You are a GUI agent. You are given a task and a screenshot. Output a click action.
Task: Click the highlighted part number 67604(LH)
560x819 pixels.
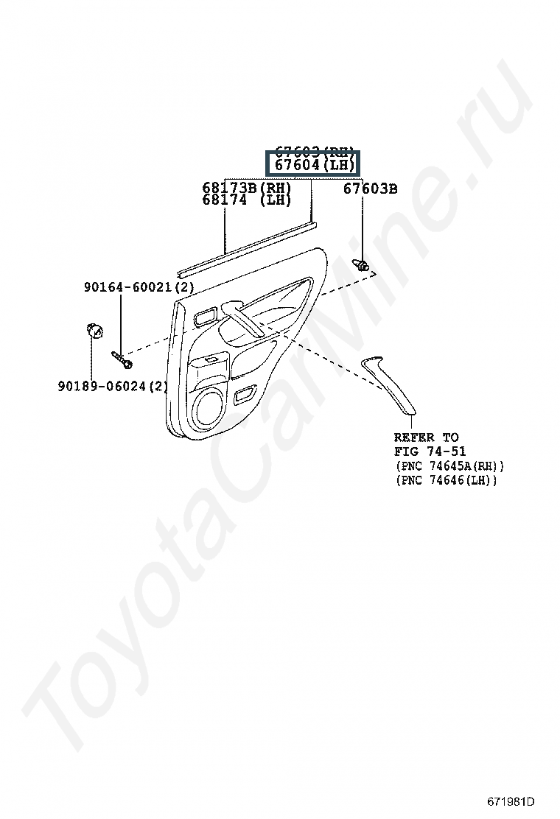click(x=312, y=165)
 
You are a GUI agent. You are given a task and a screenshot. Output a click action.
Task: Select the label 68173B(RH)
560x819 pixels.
click(x=247, y=188)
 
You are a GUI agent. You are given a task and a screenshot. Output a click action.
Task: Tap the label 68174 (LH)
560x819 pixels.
click(x=247, y=200)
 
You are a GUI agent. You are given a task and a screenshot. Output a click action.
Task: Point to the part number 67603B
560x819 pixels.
click(x=370, y=189)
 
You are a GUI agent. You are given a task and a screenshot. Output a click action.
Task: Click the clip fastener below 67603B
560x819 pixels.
click(x=362, y=264)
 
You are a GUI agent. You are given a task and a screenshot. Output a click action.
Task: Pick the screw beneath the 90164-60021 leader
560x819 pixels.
click(x=122, y=359)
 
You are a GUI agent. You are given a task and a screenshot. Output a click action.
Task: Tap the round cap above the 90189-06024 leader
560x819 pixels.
click(x=94, y=328)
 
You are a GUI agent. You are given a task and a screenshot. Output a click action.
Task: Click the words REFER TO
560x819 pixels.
click(x=426, y=437)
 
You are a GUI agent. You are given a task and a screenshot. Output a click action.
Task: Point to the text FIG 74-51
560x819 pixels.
click(x=430, y=451)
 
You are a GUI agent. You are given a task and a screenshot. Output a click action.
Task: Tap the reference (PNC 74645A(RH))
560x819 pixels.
click(x=449, y=466)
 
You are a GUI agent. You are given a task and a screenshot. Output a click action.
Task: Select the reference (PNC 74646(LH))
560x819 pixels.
click(x=446, y=480)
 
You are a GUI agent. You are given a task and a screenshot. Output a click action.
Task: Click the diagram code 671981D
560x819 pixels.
click(x=510, y=801)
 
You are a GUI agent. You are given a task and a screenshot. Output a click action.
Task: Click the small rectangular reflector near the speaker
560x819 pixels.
click(x=242, y=397)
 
